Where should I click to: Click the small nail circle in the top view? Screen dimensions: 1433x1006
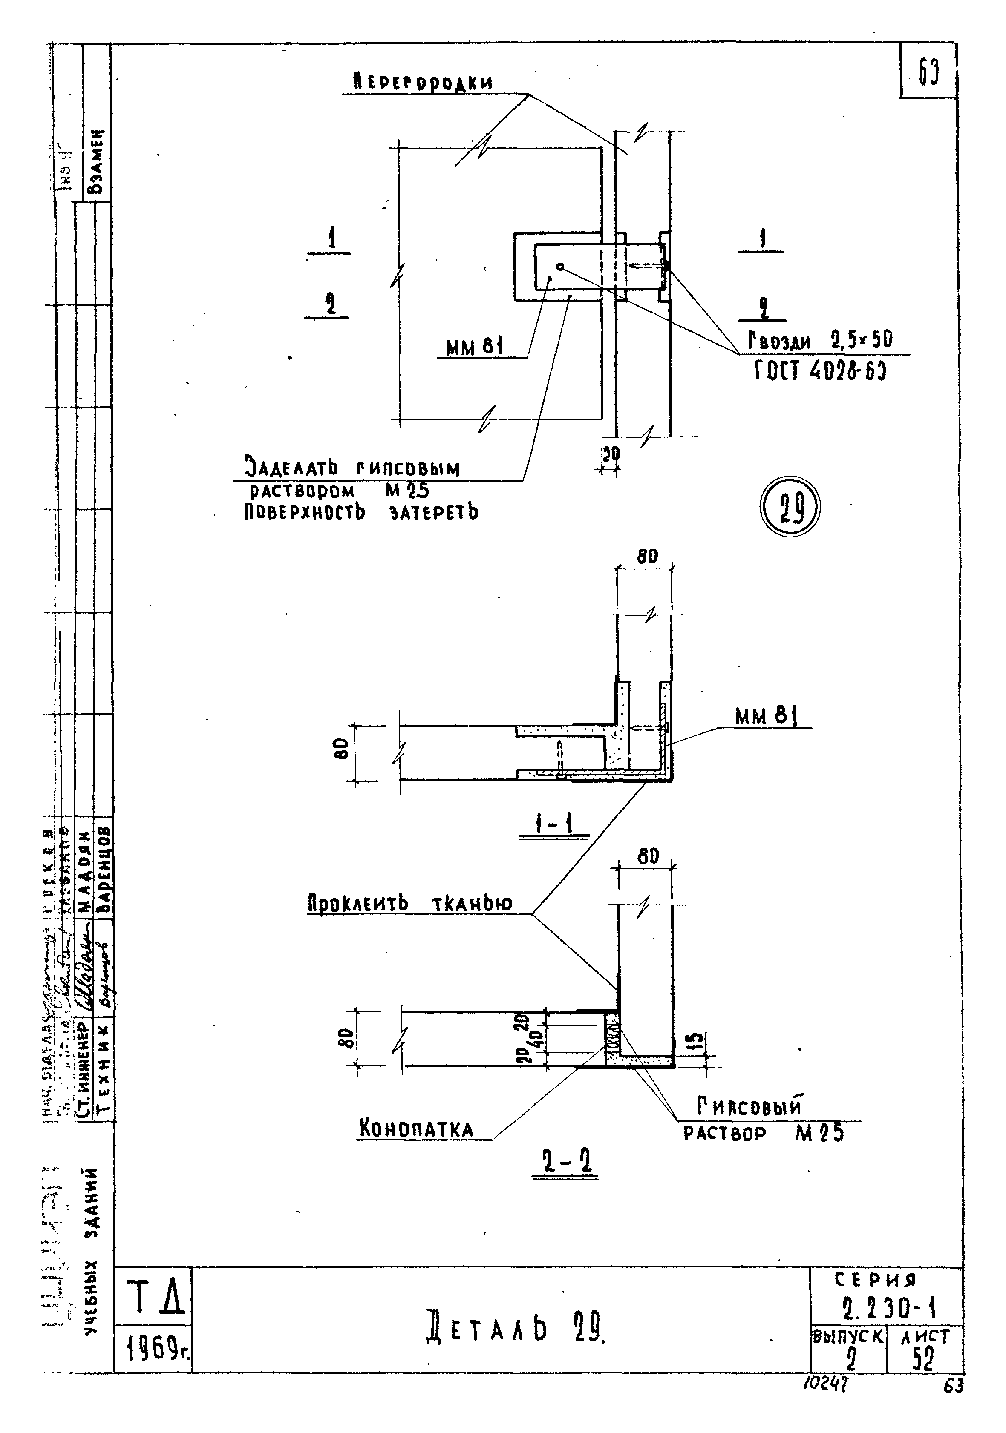point(560,267)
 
